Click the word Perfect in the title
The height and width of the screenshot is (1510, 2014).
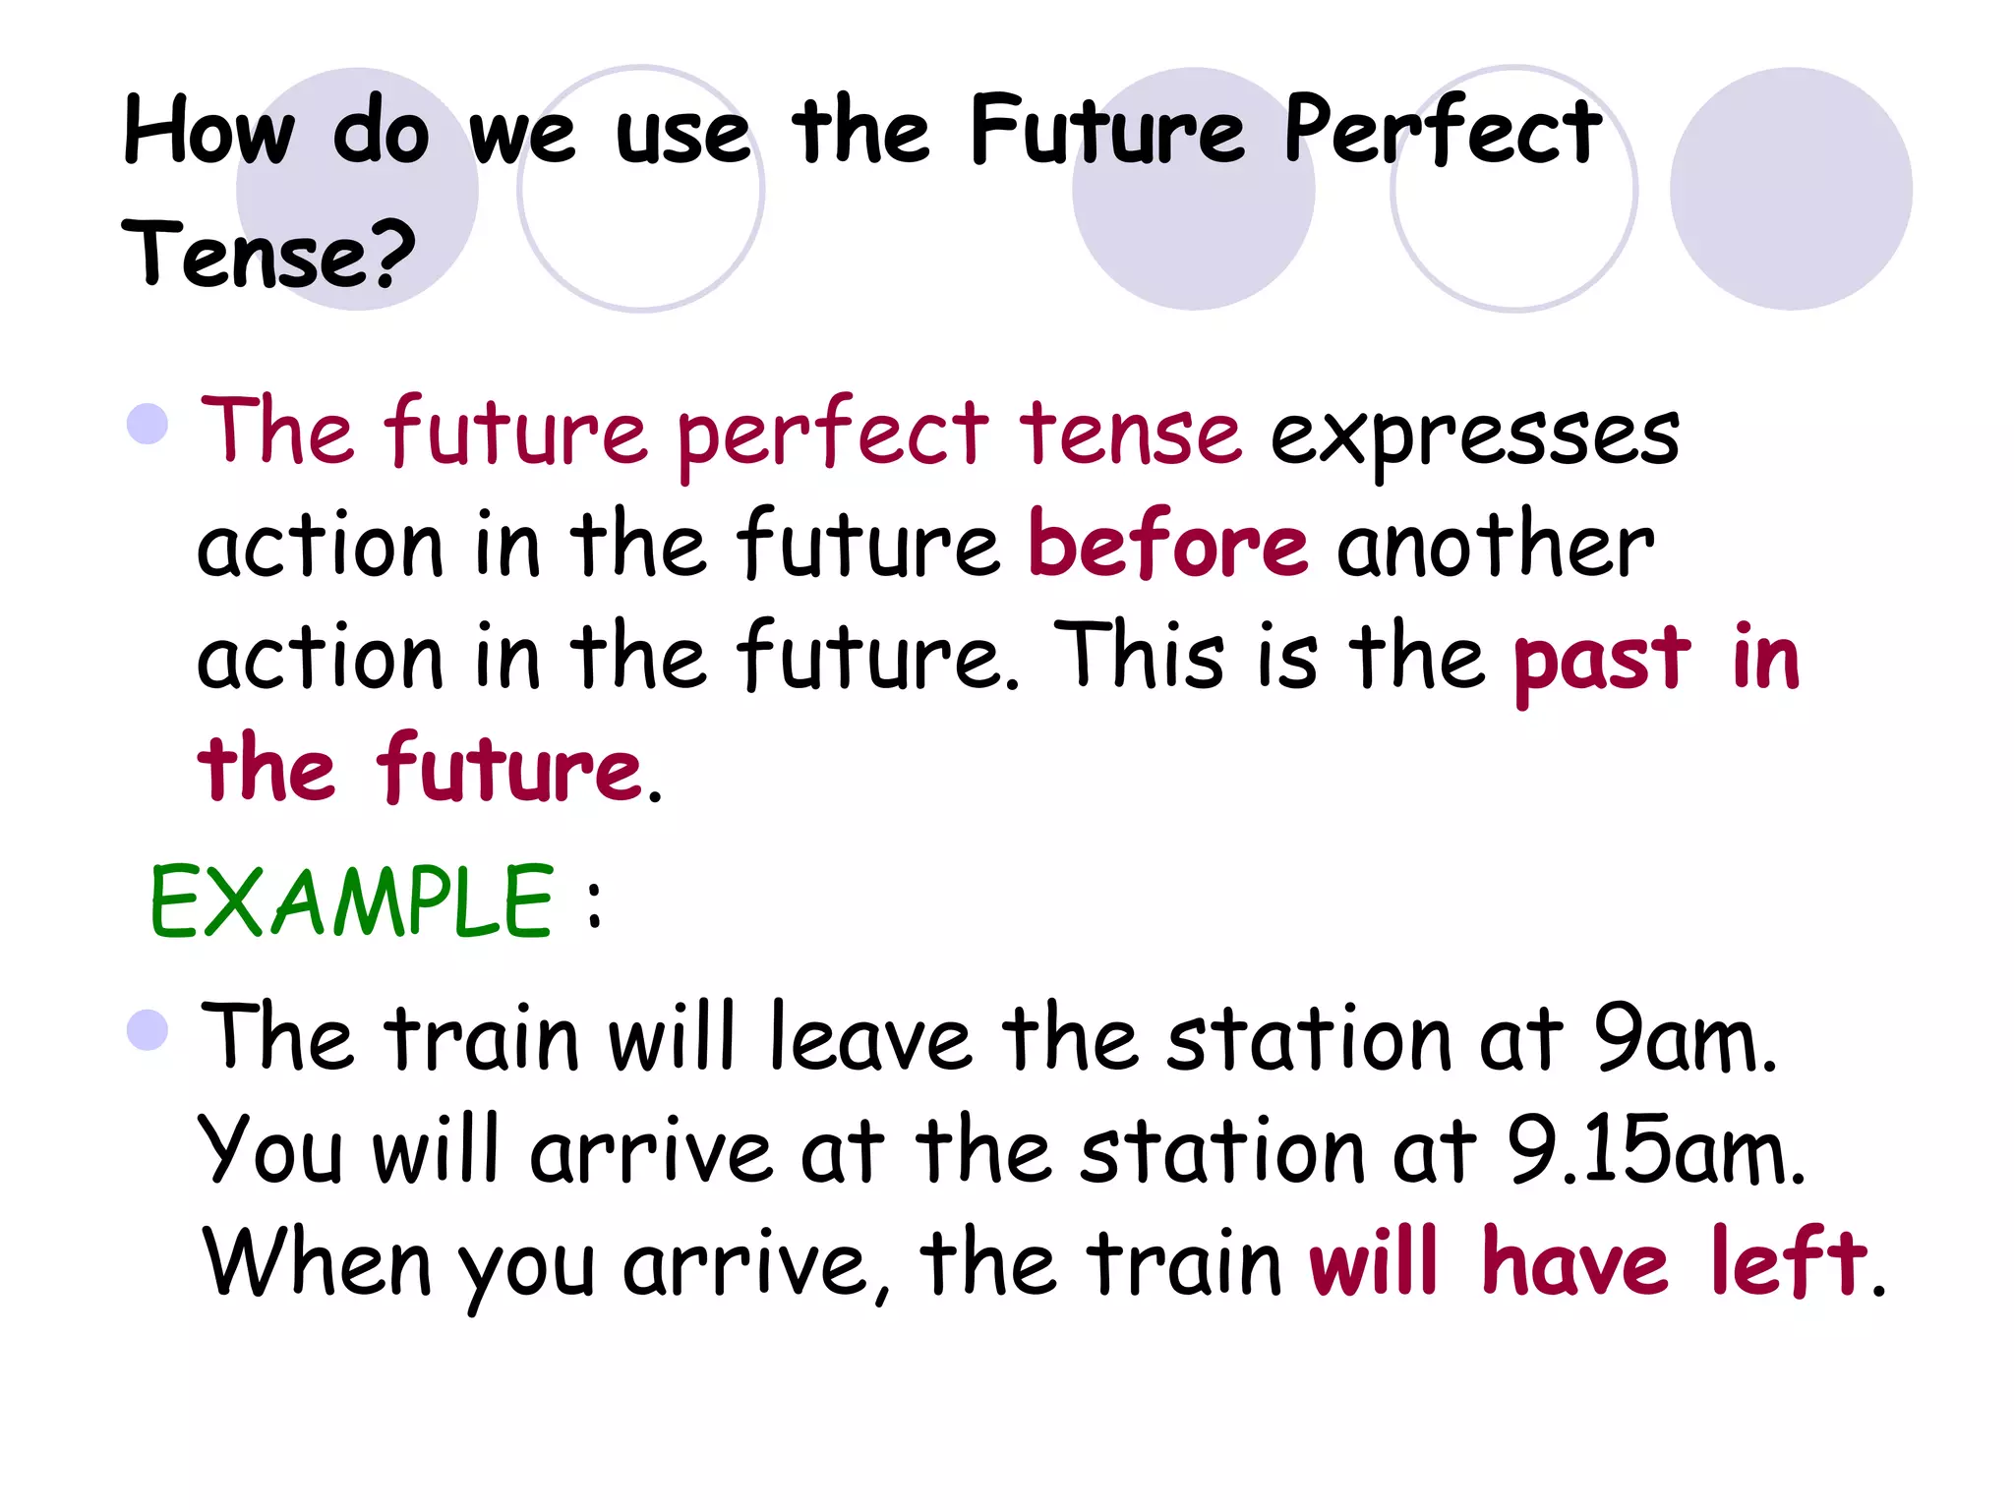pyautogui.click(x=1443, y=133)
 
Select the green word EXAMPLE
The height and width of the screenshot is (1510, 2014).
pyautogui.click(x=351, y=901)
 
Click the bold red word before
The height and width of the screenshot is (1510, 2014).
pyautogui.click(x=1167, y=546)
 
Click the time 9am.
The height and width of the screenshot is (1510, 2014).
pyautogui.click(x=1685, y=1039)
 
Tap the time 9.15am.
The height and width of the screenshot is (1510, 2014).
pyautogui.click(x=1656, y=1151)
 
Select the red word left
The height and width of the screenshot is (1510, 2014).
pyautogui.click(x=1787, y=1262)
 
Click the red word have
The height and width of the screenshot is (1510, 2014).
pyautogui.click(x=1574, y=1262)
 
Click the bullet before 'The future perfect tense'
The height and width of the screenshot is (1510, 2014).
pyautogui.click(x=148, y=425)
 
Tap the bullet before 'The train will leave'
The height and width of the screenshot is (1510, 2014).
pyautogui.click(x=148, y=1030)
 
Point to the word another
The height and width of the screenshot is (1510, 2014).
pyautogui.click(x=1495, y=546)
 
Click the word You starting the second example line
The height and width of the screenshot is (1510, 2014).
pyautogui.click(x=269, y=1151)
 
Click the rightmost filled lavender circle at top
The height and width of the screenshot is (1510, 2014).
pyautogui.click(x=1791, y=189)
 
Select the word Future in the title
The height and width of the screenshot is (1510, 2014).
pyautogui.click(x=1108, y=133)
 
